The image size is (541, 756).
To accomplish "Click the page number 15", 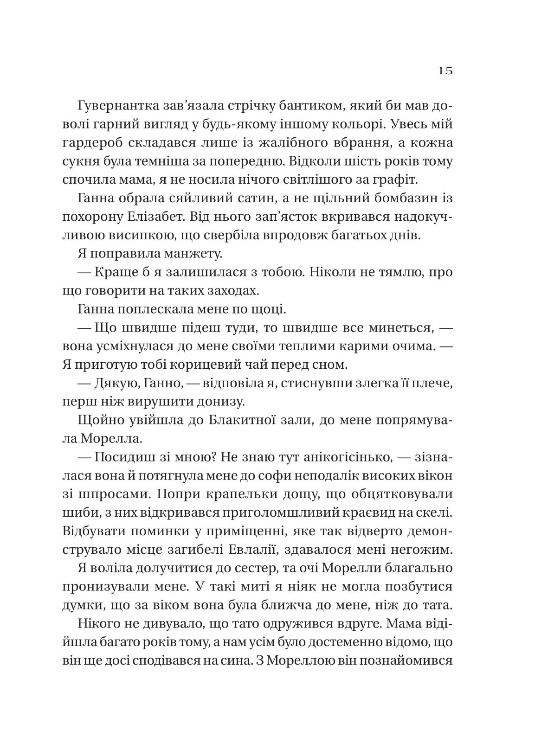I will (444, 71).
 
